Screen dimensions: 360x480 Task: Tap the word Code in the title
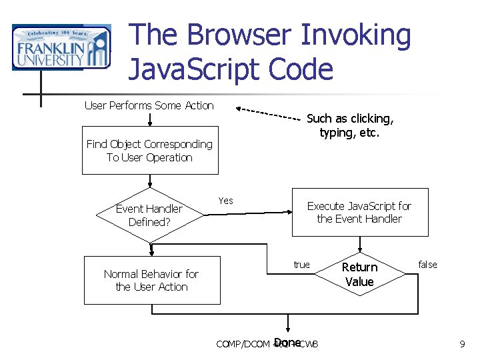(299, 69)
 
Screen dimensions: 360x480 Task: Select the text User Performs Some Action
(149, 105)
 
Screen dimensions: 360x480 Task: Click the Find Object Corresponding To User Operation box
(150, 151)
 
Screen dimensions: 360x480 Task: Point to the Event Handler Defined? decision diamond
(149, 215)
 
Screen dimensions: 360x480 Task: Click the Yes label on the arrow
(225, 201)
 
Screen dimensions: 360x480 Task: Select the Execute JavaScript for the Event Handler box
(359, 213)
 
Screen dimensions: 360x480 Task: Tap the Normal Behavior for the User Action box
(151, 280)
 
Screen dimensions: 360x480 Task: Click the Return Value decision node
(359, 274)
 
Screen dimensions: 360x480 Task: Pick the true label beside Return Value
(301, 265)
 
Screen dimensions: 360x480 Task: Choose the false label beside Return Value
(427, 265)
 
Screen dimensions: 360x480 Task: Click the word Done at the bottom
(287, 343)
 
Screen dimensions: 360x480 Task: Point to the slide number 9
(462, 344)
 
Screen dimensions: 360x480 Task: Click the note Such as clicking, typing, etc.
(350, 125)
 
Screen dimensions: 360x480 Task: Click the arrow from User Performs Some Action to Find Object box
(151, 119)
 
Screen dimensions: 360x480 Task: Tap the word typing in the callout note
(337, 133)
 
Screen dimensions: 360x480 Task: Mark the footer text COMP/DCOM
(243, 345)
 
